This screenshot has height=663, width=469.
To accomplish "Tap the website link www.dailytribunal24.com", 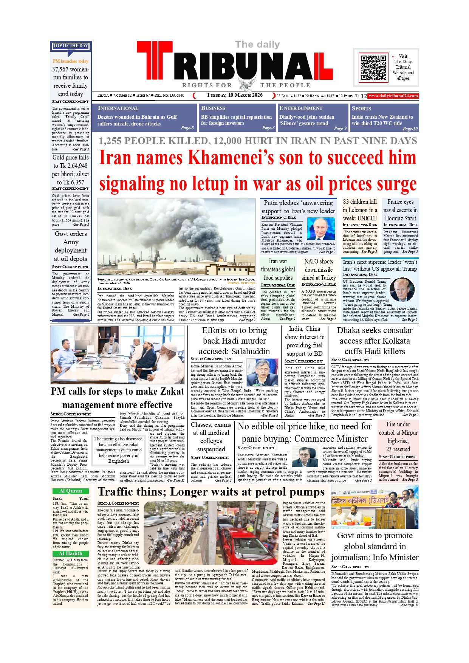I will click(x=393, y=96).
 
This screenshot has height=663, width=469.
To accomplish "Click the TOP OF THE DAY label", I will click(x=71, y=46).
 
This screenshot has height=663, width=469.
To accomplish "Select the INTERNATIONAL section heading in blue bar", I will click(x=118, y=108).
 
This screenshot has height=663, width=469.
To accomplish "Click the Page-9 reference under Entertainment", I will click(x=340, y=129).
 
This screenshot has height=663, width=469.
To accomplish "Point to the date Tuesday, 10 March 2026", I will click(x=235, y=95).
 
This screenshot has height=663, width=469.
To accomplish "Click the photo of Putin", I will click(x=320, y=229).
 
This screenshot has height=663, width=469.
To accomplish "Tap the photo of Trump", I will click(x=402, y=290).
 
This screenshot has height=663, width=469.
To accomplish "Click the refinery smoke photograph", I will click(x=176, y=237).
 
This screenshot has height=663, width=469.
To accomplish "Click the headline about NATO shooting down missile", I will click(x=318, y=270).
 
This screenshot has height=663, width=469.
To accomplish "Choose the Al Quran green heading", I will click(x=71, y=491).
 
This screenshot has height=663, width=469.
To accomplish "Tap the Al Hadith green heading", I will click(x=71, y=553).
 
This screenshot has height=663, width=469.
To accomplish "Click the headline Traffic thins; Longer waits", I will click(x=211, y=492).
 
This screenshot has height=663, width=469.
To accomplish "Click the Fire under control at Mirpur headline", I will click(x=398, y=437).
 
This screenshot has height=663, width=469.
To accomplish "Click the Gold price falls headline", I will click(x=71, y=170).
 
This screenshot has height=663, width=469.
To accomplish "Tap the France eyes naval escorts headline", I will click(x=400, y=210).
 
